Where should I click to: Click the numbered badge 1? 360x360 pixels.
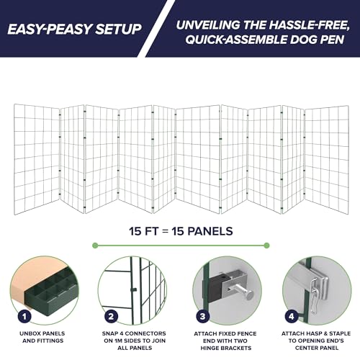(x=24, y=317)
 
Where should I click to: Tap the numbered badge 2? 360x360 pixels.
(x=111, y=316)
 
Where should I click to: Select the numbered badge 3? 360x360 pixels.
(x=203, y=316)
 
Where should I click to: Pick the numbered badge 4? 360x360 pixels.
(x=292, y=316)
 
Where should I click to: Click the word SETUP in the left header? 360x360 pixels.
(x=118, y=29)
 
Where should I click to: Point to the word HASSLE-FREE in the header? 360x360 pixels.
(x=309, y=25)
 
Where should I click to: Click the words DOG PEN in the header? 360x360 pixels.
(x=317, y=40)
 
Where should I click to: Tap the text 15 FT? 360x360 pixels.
(x=143, y=231)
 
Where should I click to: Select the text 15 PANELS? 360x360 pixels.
(x=202, y=231)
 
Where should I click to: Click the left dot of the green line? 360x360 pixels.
(x=95, y=246)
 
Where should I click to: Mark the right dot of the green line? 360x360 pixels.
(x=266, y=246)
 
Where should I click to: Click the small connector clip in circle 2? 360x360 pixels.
(x=133, y=289)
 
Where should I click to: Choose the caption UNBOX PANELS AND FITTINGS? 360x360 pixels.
(x=42, y=337)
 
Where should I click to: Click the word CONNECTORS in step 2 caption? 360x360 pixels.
(x=145, y=333)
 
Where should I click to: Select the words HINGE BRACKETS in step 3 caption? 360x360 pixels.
(x=226, y=348)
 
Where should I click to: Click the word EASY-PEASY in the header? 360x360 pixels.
(x=50, y=29)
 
